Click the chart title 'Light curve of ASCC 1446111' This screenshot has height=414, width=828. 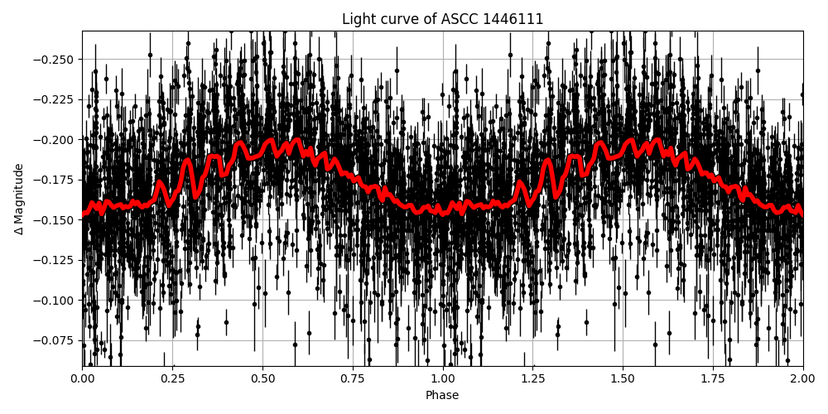(x=442, y=19)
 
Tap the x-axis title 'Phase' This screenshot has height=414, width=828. (x=442, y=396)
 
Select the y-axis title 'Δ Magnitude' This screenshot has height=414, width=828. (x=19, y=199)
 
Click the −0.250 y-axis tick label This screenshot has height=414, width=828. (x=55, y=59)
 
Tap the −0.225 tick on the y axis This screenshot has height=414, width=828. (x=55, y=99)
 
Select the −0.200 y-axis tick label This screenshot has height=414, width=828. (x=55, y=139)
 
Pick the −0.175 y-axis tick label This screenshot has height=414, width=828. (x=55, y=180)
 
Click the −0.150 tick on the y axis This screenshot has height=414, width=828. (x=55, y=219)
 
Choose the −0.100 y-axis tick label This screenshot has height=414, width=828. (x=55, y=300)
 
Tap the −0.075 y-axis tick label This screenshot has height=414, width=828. (x=55, y=340)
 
